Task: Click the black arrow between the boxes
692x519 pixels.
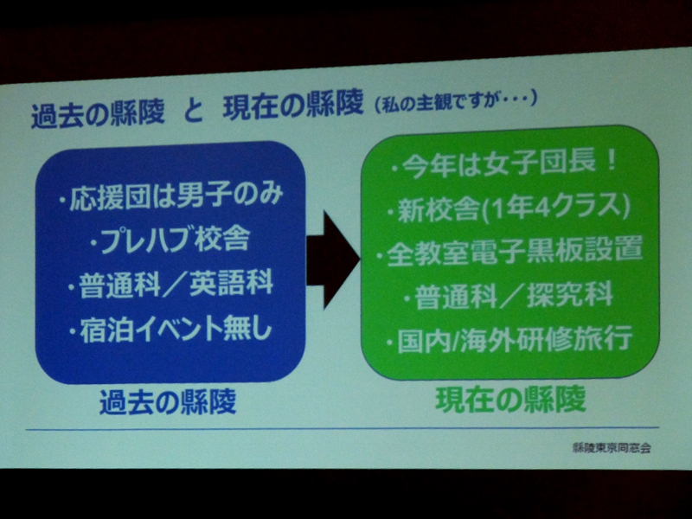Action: pyautogui.click(x=333, y=260)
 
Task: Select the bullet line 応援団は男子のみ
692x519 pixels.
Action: pyautogui.click(x=171, y=196)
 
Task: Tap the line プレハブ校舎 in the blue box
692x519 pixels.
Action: pyautogui.click(x=170, y=240)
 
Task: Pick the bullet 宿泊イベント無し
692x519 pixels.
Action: pyautogui.click(x=170, y=329)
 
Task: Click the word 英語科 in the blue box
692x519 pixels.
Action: pyautogui.click(x=231, y=284)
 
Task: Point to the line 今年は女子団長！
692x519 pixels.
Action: pyautogui.click(x=504, y=164)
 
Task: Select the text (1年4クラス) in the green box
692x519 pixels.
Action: pyautogui.click(x=555, y=208)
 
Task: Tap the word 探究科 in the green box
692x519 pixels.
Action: pyautogui.click(x=570, y=294)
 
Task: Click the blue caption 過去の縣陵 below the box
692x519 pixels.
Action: pyautogui.click(x=168, y=401)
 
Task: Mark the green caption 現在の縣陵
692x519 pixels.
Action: pyautogui.click(x=511, y=400)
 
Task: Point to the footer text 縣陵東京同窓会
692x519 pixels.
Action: pyautogui.click(x=612, y=448)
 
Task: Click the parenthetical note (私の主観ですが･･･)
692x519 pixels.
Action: pyautogui.click(x=456, y=102)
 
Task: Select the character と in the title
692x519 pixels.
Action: pyautogui.click(x=193, y=112)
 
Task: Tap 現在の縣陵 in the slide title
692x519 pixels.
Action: pyautogui.click(x=293, y=106)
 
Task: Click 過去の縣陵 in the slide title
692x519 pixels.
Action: pyautogui.click(x=98, y=114)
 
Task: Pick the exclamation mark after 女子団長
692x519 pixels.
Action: pyautogui.click(x=611, y=162)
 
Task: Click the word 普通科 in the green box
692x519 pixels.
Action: pyautogui.click(x=457, y=297)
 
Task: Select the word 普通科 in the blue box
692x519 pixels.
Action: pyautogui.click(x=119, y=285)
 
